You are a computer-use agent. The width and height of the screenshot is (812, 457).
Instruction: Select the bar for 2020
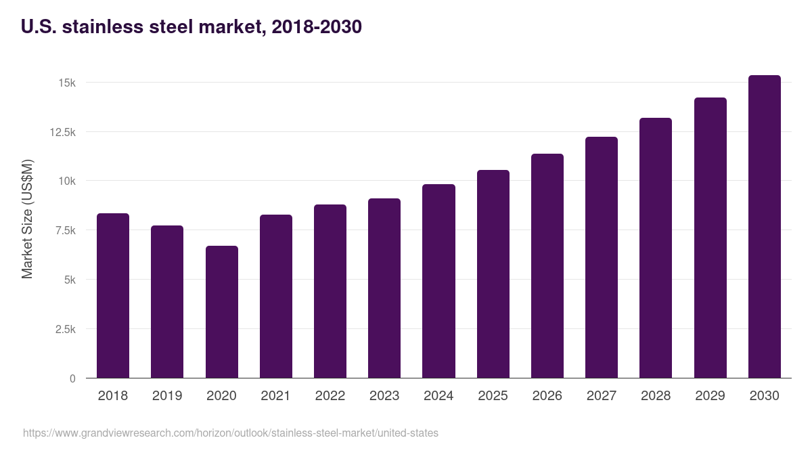(222, 311)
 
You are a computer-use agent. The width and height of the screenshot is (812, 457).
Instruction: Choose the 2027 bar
(602, 257)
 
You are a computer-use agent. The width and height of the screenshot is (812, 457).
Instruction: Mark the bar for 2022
(330, 291)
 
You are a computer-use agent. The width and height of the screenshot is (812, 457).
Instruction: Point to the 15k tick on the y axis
(67, 83)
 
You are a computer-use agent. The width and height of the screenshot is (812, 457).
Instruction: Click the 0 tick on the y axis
(72, 378)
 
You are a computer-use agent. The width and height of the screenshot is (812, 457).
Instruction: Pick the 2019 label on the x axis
(167, 396)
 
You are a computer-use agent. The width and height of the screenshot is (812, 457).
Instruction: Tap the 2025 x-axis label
(493, 396)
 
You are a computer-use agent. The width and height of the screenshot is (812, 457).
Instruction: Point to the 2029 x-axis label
(710, 396)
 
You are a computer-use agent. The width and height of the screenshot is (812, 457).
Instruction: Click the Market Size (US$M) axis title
(27, 219)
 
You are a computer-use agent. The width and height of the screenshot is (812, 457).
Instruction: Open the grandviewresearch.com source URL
(230, 433)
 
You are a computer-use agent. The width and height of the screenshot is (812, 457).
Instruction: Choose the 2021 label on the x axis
(275, 396)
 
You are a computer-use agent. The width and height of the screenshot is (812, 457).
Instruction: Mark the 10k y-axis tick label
(67, 181)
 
